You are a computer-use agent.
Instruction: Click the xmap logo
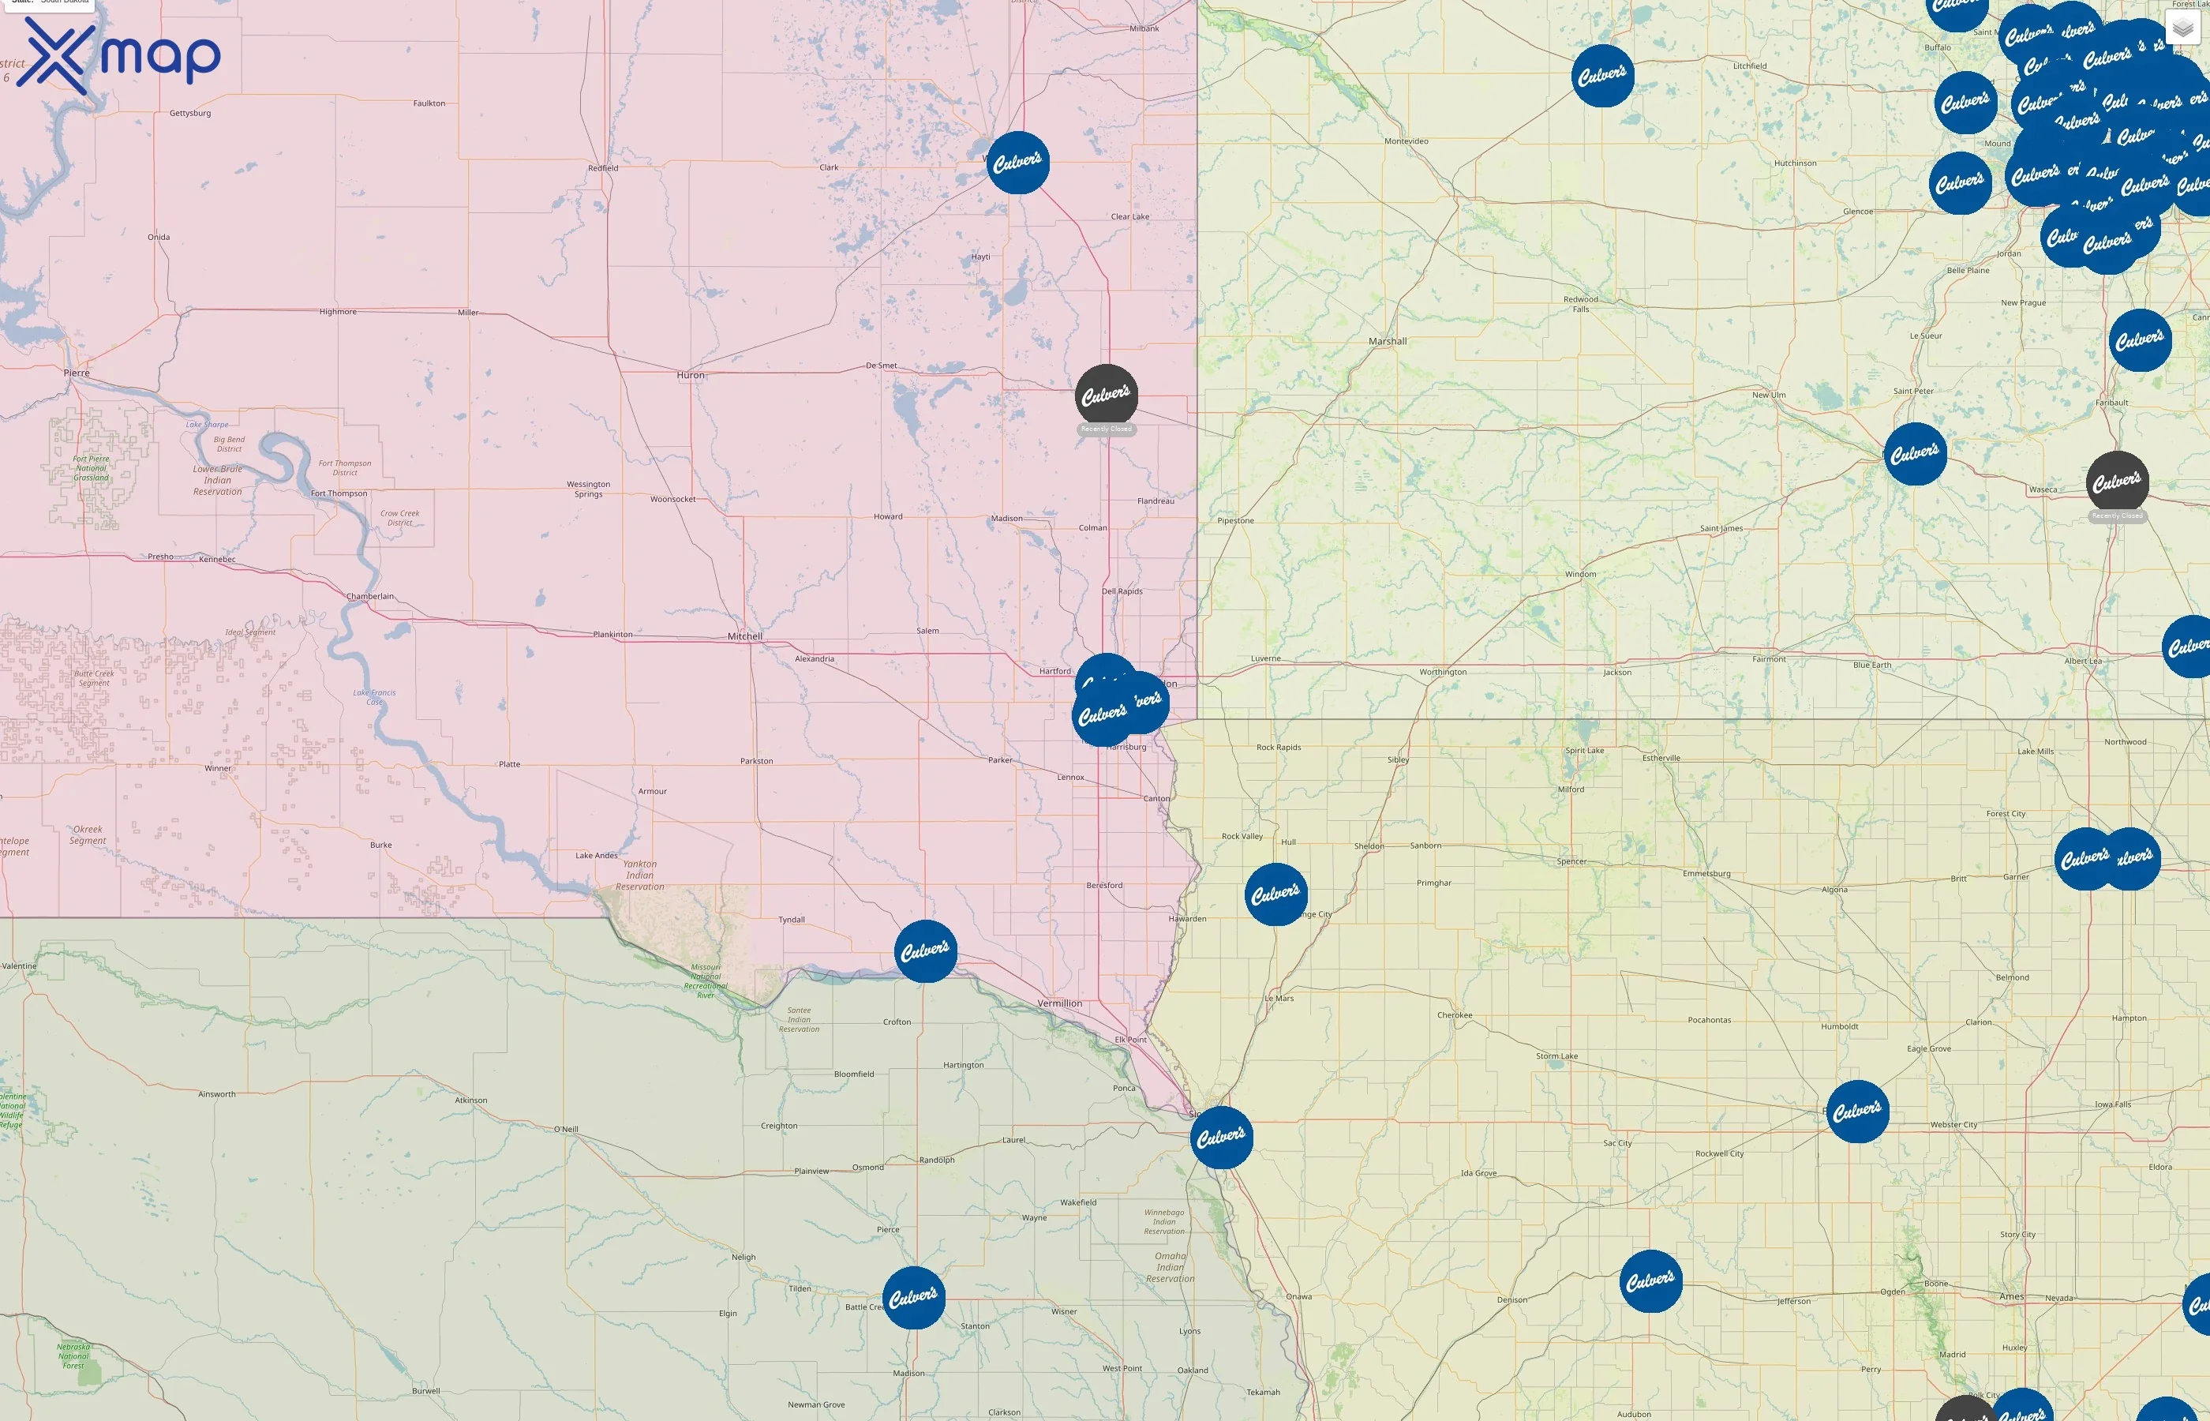click(118, 55)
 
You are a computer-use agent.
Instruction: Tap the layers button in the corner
click(2182, 28)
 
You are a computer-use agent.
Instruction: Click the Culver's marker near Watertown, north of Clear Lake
click(1017, 163)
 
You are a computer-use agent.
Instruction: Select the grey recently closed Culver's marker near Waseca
click(2117, 482)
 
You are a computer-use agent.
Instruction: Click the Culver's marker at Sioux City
click(1221, 1137)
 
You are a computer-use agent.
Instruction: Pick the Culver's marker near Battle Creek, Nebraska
click(913, 1296)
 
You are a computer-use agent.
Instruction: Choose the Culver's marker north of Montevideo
click(1602, 76)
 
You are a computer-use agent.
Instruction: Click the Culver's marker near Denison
click(1650, 1280)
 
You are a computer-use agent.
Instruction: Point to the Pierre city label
click(77, 373)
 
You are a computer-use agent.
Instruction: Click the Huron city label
click(690, 376)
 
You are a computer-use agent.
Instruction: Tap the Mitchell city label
click(744, 636)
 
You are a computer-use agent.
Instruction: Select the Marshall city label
click(1388, 341)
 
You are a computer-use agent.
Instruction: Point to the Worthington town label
click(1443, 672)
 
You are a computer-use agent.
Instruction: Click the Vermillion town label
click(1059, 1003)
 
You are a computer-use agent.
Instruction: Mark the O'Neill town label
click(565, 1130)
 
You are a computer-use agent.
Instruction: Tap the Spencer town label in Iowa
click(1571, 862)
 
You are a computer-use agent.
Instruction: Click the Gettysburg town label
click(190, 114)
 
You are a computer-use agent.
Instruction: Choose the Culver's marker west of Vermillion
click(925, 950)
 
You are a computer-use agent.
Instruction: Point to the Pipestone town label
click(1235, 520)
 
